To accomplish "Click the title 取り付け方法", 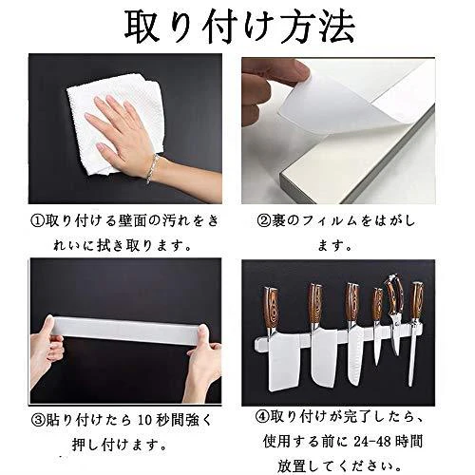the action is point(239,27).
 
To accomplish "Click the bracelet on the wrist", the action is point(152,169).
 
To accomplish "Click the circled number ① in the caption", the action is point(37,220).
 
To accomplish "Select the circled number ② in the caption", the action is point(263,220).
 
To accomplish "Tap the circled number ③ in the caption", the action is point(37,421).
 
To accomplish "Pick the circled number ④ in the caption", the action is point(261,417).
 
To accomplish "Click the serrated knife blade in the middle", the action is point(353,358).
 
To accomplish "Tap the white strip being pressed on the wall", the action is point(126,330).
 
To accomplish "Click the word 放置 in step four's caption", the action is point(292,465).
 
